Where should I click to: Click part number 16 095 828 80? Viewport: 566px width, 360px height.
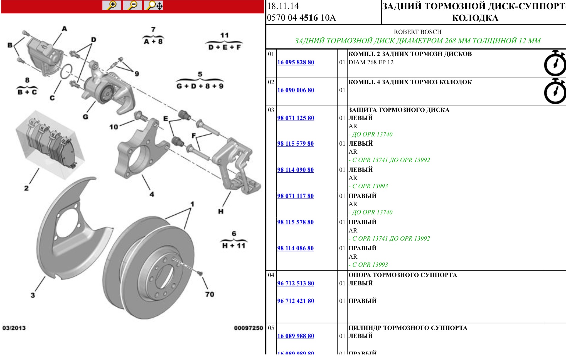pos(296,62)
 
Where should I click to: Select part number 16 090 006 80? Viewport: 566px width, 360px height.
pos(296,90)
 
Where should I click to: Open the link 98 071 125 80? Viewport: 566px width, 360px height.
pos(296,118)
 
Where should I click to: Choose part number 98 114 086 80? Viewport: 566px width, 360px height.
pos(295,248)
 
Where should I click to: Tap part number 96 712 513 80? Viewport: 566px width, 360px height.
pos(296,283)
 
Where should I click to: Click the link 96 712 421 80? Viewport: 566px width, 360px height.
pos(296,301)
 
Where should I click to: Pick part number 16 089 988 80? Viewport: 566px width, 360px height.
pos(296,336)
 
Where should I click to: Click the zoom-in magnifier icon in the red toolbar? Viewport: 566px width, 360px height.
pos(112,5)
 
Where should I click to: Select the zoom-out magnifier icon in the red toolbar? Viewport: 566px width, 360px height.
pos(132,5)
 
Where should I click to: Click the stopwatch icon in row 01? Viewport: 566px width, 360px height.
pos(555,63)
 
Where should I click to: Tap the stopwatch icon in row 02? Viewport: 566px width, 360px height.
pos(555,91)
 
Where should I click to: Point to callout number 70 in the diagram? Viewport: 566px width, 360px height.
pos(210,294)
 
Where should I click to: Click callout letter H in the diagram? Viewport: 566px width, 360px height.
pos(221,211)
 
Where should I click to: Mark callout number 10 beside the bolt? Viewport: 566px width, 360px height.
pos(114,127)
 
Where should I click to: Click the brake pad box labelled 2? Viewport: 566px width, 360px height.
pos(50,143)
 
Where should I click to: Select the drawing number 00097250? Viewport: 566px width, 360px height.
pos(248,328)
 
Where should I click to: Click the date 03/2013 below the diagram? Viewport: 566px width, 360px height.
pos(14,328)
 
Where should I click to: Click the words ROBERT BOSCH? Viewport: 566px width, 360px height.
pos(417,32)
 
